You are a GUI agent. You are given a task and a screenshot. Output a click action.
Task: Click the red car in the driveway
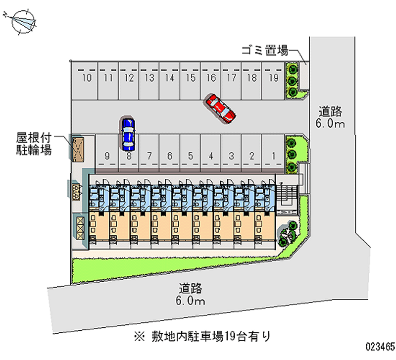pos(220,108)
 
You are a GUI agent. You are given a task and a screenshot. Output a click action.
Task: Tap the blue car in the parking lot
pos(128,134)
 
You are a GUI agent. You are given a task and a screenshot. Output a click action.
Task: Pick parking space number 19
pos(273,81)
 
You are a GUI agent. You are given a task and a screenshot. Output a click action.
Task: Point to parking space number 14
pos(169,81)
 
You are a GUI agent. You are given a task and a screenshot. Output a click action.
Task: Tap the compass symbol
pos(23,21)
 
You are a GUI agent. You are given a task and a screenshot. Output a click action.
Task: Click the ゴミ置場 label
pos(265,51)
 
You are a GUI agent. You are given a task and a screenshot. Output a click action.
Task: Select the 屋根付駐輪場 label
pos(34,144)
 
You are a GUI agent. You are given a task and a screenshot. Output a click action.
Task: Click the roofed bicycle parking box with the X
pos(78,149)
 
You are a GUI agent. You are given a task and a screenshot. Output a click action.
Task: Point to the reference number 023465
pos(380,347)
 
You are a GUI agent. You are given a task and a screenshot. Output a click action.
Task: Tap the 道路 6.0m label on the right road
pos(330,117)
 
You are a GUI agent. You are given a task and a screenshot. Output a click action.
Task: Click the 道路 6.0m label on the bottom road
pos(191,295)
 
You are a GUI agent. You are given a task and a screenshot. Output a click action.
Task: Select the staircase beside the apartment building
pos(288,195)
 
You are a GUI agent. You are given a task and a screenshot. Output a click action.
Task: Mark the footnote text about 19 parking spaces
pos(202,336)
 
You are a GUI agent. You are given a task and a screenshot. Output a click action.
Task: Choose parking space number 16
pos(211,81)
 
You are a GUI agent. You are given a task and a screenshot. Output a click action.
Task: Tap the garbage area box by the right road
pos(303,76)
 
